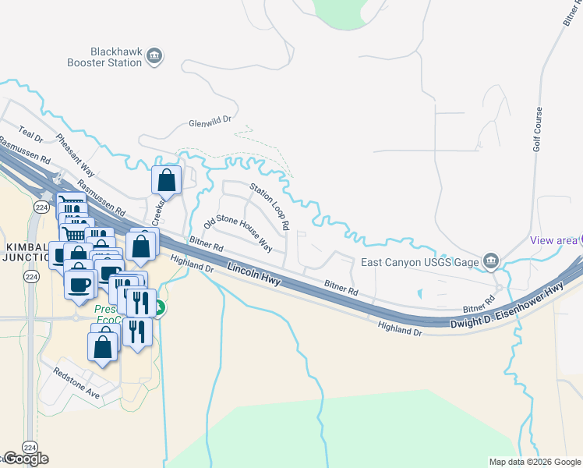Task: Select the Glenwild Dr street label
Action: [x=211, y=123]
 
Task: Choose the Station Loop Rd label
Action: [x=270, y=206]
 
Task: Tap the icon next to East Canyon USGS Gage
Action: [x=491, y=261]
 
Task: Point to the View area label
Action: [x=553, y=240]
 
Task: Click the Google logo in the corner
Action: [x=25, y=459]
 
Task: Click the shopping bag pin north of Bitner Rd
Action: [x=167, y=180]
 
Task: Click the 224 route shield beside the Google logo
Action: [x=30, y=447]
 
